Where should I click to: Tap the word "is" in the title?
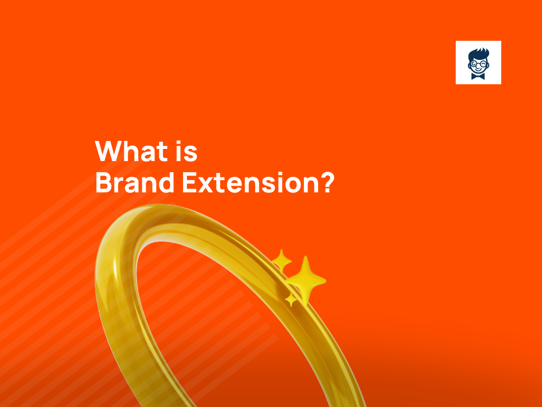click(x=186, y=151)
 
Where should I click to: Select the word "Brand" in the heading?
click(x=134, y=182)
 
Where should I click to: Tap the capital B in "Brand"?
click(x=103, y=182)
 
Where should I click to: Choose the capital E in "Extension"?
click(x=189, y=182)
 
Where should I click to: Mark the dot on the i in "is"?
click(x=179, y=143)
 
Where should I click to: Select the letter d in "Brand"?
click(x=166, y=182)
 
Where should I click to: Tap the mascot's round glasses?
click(x=478, y=64)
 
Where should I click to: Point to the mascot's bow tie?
click(x=478, y=76)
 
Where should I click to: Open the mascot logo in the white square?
click(x=478, y=63)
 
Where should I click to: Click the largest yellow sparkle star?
click(x=305, y=280)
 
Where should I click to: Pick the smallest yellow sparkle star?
click(x=291, y=299)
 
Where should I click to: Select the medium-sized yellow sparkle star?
click(x=282, y=260)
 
